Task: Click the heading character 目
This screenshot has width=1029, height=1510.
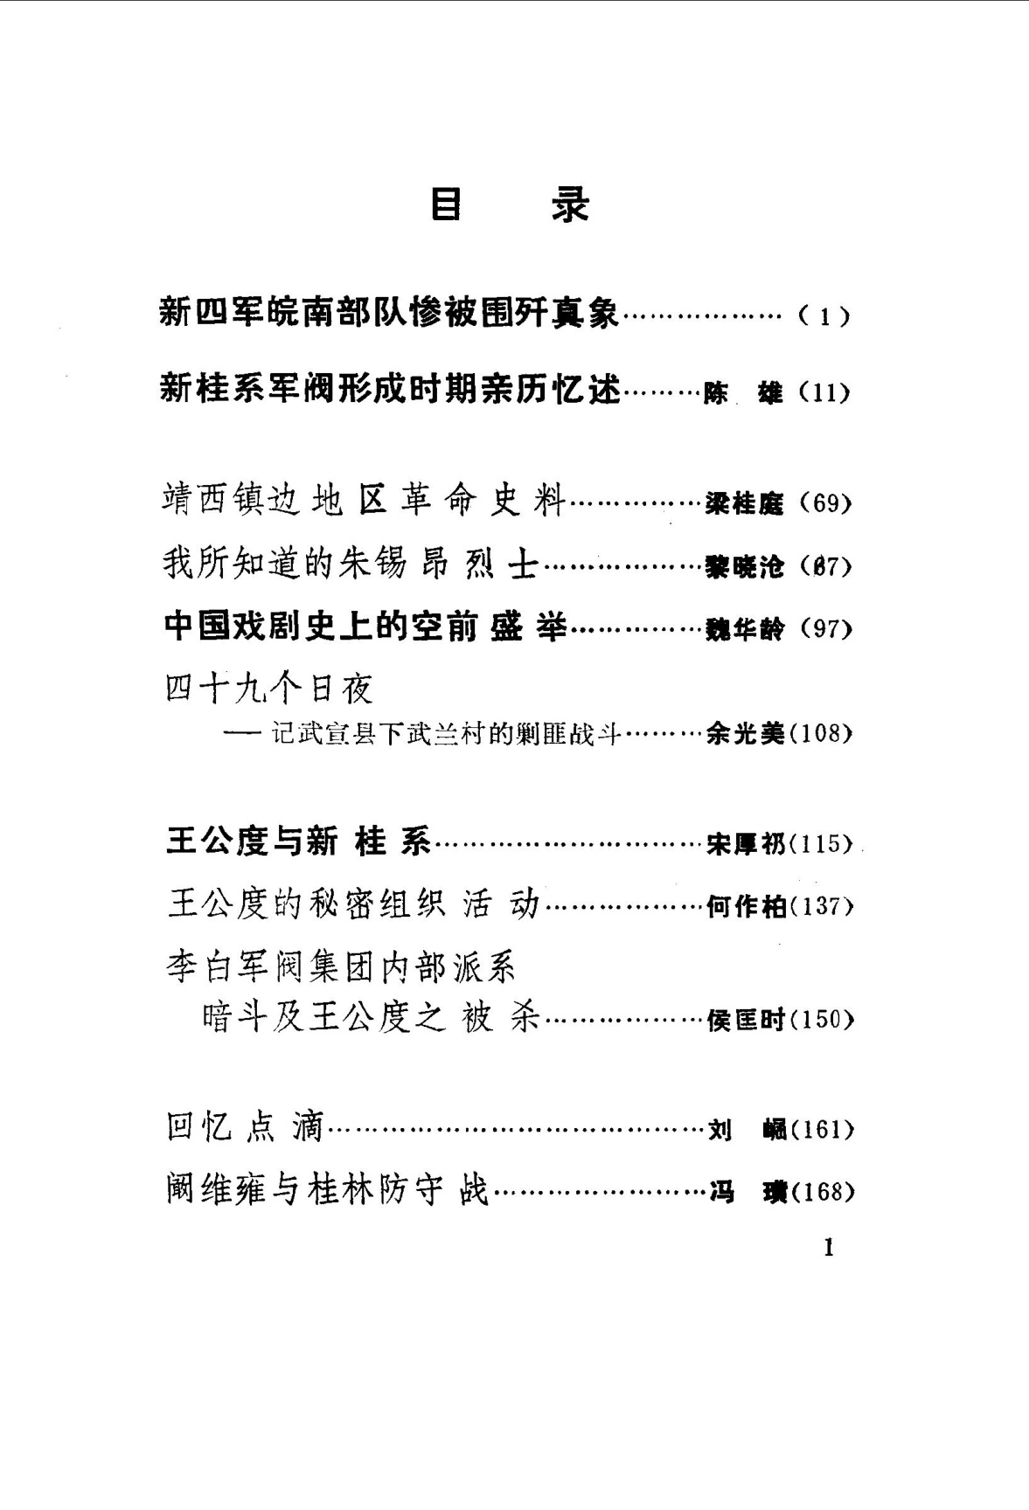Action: [x=446, y=205]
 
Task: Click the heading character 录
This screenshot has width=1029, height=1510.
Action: [x=570, y=205]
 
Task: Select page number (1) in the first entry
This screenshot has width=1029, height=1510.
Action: [x=824, y=316]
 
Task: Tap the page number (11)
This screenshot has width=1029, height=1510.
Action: [x=824, y=392]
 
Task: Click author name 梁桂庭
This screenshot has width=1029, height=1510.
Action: [x=745, y=504]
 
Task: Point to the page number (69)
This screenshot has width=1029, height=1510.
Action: [x=825, y=503]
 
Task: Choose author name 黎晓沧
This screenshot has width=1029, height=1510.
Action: [x=745, y=567]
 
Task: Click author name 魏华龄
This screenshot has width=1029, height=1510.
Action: [x=745, y=629]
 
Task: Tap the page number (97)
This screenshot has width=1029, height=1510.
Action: [x=825, y=628]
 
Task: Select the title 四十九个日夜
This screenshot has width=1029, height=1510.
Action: [x=269, y=689]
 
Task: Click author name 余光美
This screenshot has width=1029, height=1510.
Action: [x=745, y=734]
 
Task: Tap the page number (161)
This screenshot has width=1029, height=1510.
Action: [x=821, y=1130]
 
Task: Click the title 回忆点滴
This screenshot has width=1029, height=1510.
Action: [x=245, y=1127]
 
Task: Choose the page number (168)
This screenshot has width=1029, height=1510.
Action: [x=821, y=1192]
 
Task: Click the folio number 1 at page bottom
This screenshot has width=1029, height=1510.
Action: [x=829, y=1248]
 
